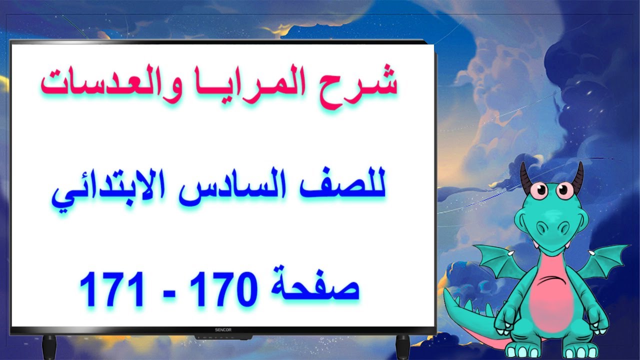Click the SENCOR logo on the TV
(x=223, y=330)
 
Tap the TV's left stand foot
(x=49, y=346)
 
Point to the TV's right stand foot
(x=402, y=346)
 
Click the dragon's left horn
(x=525, y=178)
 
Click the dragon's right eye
(x=564, y=190)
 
